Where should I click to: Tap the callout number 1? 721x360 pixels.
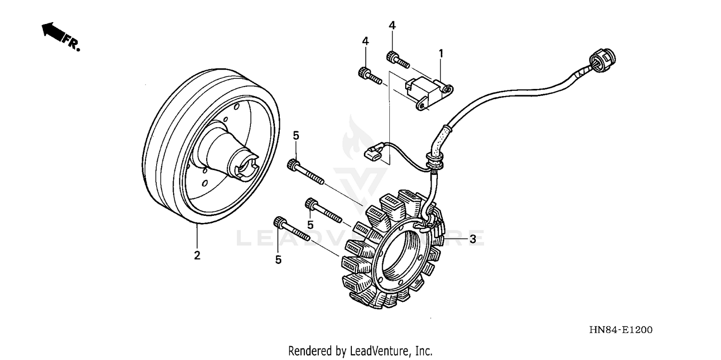click(440, 53)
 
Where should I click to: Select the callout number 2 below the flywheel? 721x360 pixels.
click(197, 255)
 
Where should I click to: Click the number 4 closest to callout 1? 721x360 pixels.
click(392, 25)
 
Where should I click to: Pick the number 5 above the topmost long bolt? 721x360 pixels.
click(296, 136)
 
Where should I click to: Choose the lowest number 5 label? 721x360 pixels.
click(278, 260)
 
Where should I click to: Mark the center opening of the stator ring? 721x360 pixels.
click(401, 252)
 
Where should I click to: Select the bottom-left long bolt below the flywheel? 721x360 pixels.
click(291, 230)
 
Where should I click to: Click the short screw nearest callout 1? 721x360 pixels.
click(397, 60)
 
